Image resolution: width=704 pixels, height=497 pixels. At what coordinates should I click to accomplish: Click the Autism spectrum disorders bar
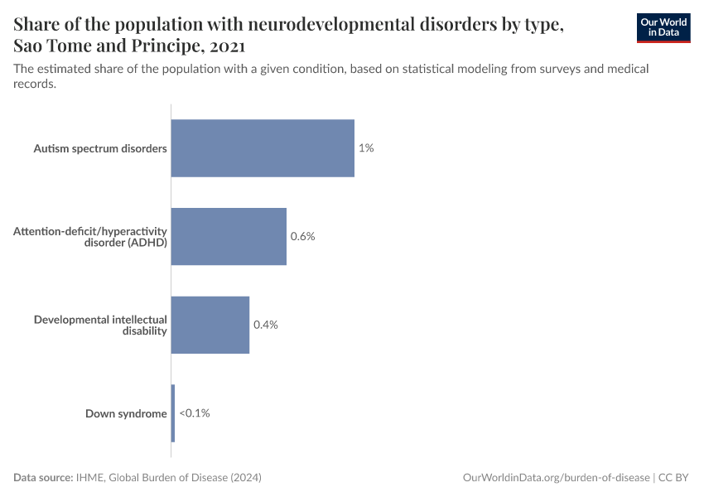tap(263, 148)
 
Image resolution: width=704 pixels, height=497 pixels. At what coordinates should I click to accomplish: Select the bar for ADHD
tap(229, 236)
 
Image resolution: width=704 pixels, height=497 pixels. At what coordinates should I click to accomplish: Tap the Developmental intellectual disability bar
tap(210, 325)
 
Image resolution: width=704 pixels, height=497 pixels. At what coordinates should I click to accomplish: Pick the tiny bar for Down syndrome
tap(173, 413)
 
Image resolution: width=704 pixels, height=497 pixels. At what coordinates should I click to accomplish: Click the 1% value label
tap(366, 148)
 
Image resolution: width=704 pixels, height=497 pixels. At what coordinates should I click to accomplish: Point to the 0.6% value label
tap(302, 236)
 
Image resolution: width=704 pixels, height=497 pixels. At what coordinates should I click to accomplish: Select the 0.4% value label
tap(265, 325)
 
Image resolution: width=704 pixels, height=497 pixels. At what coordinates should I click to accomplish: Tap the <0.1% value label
tap(195, 413)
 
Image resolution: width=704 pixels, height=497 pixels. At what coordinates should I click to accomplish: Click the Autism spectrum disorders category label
tap(100, 149)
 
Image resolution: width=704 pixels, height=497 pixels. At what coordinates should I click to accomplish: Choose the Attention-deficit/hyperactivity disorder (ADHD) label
tap(90, 237)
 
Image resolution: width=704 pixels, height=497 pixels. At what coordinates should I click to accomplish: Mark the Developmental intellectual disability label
tap(100, 325)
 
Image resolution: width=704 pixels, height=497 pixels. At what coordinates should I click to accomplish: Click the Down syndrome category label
tap(126, 413)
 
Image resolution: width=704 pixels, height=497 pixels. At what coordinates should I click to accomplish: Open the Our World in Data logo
tap(663, 27)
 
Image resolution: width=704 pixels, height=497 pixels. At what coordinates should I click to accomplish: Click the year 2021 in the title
tap(222, 46)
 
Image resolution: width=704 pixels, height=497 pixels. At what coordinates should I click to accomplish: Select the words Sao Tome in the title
tap(51, 46)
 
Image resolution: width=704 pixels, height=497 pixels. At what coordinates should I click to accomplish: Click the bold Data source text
tap(43, 478)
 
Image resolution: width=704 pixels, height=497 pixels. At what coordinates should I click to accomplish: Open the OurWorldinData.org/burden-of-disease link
tap(556, 478)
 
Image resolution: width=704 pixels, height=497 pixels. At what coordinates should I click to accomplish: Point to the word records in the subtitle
tap(35, 84)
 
